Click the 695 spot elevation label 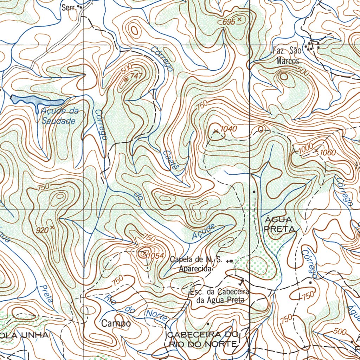point(229,22)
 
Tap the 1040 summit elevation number point(229,129)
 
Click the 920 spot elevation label point(42,231)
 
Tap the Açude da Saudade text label point(59,116)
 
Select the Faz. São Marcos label point(287,56)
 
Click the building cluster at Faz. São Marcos point(312,46)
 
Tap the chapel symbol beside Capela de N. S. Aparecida point(230,261)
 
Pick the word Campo point(116,323)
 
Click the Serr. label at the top point(69,7)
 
